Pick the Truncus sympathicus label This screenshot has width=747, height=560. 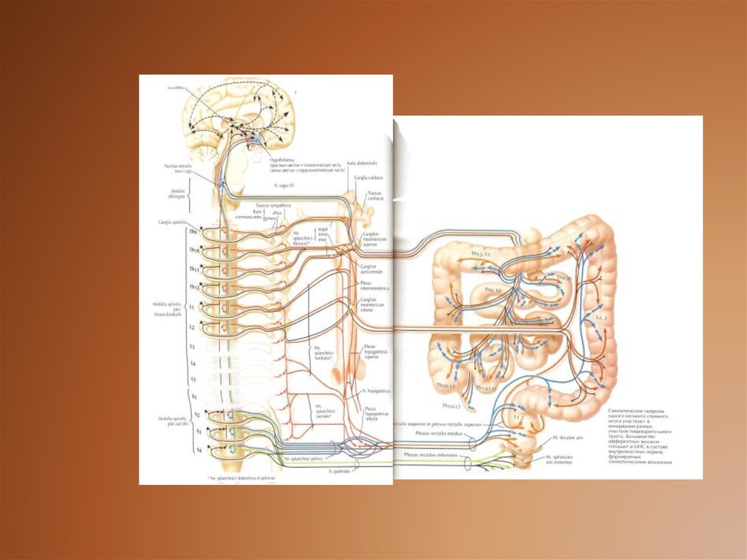[x=273, y=206]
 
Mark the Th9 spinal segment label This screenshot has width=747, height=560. [x=193, y=232]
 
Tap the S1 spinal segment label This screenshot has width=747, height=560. [x=193, y=396]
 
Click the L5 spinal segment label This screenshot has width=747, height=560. [x=193, y=380]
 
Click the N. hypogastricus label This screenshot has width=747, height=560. [x=377, y=391]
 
